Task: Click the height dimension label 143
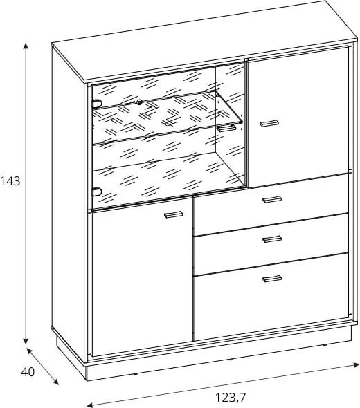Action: pyautogui.click(x=10, y=181)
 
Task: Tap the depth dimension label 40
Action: pyautogui.click(x=28, y=372)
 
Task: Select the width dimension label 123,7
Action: pyautogui.click(x=231, y=398)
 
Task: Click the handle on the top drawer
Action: pyautogui.click(x=272, y=199)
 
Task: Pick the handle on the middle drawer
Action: pyautogui.click(x=272, y=239)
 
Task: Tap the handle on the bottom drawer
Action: pyautogui.click(x=272, y=279)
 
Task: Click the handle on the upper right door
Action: pyautogui.click(x=269, y=123)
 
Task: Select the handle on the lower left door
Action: pyautogui.click(x=174, y=214)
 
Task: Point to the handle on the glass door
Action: pyautogui.click(x=226, y=128)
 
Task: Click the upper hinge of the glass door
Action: pyautogui.click(x=97, y=103)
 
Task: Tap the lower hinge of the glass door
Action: pyautogui.click(x=97, y=192)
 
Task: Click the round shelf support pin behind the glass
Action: pyautogui.click(x=140, y=102)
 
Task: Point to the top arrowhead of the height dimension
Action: pyautogui.click(x=26, y=46)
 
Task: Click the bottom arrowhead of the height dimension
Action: pyautogui.click(x=26, y=341)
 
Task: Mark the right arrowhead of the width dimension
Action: pyautogui.click(x=356, y=364)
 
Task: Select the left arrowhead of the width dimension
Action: pyautogui.click(x=90, y=405)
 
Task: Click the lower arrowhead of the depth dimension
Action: pyautogui.click(x=55, y=382)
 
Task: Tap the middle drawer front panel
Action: pyautogui.click(x=271, y=244)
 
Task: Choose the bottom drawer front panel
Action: pyautogui.click(x=271, y=297)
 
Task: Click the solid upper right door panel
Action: pyautogui.click(x=299, y=117)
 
